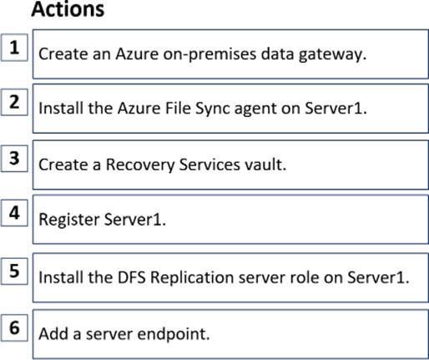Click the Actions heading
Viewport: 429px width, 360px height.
click(x=68, y=9)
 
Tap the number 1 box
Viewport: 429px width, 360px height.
click(x=14, y=48)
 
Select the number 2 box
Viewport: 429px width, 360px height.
click(x=14, y=102)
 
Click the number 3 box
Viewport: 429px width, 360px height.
click(x=14, y=158)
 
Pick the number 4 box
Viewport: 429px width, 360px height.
click(x=14, y=213)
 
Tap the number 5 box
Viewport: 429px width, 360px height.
click(x=14, y=271)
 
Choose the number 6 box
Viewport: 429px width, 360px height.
click(x=14, y=327)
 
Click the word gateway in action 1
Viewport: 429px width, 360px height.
click(x=332, y=54)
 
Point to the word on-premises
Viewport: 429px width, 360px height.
click(x=209, y=54)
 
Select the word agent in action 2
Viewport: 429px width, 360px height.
click(x=255, y=109)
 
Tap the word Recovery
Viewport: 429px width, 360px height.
click(x=140, y=165)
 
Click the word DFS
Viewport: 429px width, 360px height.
click(x=132, y=277)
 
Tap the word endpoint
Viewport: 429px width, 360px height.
click(x=174, y=334)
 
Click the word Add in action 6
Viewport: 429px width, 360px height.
click(x=53, y=333)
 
